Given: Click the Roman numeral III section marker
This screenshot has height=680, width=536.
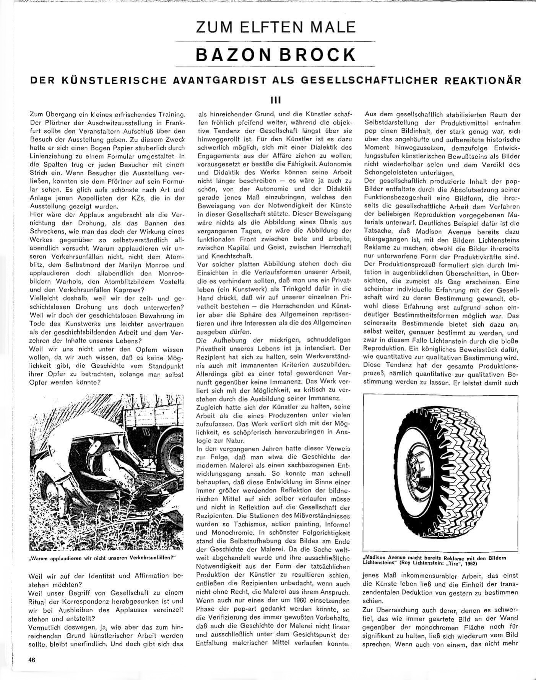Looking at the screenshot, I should click(275, 101).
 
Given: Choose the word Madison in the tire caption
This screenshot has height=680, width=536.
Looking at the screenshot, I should click(378, 558).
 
